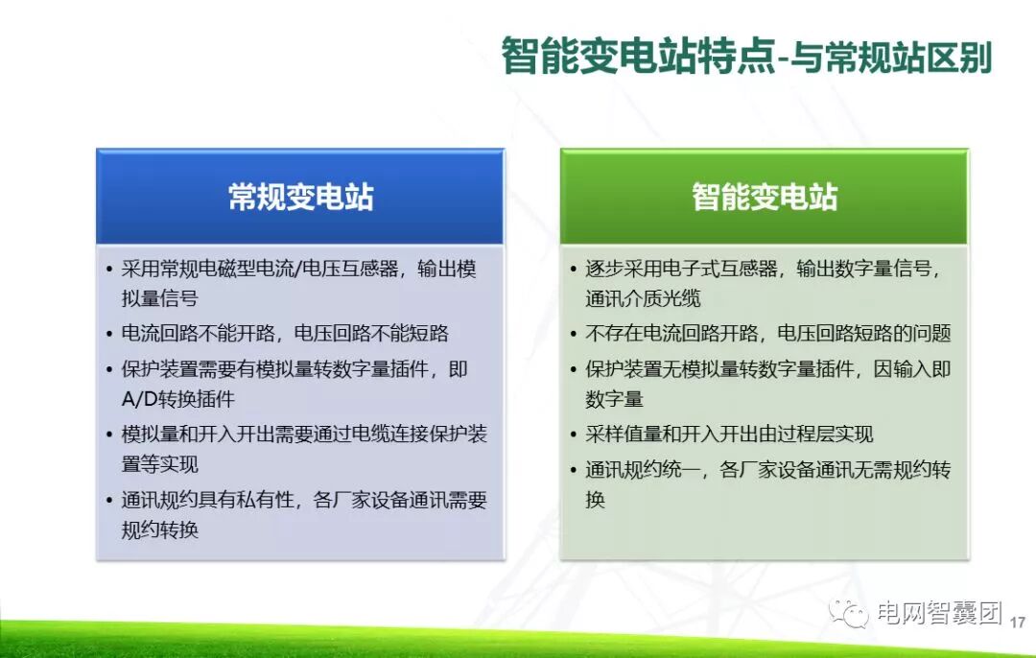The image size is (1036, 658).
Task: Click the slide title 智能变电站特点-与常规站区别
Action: tap(745, 58)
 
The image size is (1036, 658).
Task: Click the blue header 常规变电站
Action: tap(300, 197)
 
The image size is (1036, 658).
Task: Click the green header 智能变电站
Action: tap(765, 197)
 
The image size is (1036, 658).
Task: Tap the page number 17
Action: tap(1018, 622)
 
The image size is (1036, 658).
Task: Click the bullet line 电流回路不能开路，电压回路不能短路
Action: tap(285, 334)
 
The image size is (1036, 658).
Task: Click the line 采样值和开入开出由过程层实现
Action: tap(729, 435)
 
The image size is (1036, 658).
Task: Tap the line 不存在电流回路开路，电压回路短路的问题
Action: tap(767, 334)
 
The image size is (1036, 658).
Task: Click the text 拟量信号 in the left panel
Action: tap(159, 298)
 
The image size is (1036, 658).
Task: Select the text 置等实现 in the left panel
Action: tap(159, 464)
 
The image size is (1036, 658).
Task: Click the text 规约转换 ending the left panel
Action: tap(159, 529)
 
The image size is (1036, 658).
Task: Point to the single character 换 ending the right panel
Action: tap(596, 499)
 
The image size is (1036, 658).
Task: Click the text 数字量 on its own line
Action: tap(614, 399)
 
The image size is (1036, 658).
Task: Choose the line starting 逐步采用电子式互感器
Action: tap(763, 269)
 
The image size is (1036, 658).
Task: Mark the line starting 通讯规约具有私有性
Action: tap(304, 500)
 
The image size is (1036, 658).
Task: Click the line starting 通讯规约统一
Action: tap(767, 470)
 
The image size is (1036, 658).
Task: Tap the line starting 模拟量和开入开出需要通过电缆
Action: tap(304, 434)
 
